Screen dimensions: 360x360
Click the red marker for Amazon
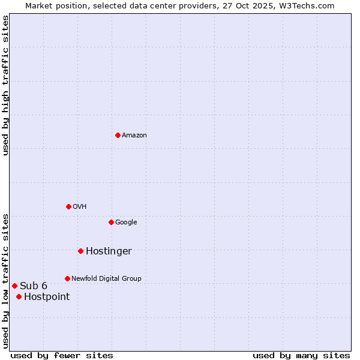pos(118,135)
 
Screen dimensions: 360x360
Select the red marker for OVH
pos(68,206)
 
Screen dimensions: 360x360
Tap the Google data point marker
pos(111,222)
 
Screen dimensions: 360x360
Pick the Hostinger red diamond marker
pos(80,251)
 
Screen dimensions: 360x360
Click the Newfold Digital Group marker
pos(67,278)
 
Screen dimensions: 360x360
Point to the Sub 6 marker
pos(14,286)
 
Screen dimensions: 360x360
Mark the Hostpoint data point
pos(19,296)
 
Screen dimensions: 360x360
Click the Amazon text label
pos(134,136)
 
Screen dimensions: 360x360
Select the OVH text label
pos(80,207)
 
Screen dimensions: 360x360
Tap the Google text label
pos(126,223)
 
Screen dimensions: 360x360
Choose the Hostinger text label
pos(109,251)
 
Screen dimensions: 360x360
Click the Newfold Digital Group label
pos(106,279)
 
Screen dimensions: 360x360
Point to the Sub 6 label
pos(34,286)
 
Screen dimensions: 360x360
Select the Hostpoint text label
pos(47,297)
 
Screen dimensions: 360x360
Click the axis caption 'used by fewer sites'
pos(62,355)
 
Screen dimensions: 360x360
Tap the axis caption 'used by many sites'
pos(301,355)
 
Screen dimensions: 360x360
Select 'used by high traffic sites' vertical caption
pos(5,85)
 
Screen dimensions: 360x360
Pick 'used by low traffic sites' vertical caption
pos(5,280)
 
